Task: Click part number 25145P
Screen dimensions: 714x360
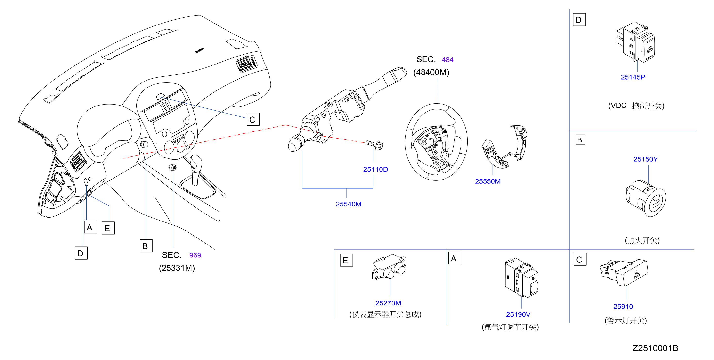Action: point(633,77)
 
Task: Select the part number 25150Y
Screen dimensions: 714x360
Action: point(645,159)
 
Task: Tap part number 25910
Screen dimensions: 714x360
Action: point(623,306)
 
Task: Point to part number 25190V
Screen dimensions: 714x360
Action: point(518,314)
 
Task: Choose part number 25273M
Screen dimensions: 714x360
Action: point(388,303)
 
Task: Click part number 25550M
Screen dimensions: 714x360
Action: point(487,181)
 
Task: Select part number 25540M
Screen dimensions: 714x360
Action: point(349,204)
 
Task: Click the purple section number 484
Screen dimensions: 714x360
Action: point(447,60)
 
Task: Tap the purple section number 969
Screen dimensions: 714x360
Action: point(195,255)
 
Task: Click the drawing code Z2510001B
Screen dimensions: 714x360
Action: point(655,348)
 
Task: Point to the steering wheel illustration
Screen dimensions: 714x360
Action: point(436,142)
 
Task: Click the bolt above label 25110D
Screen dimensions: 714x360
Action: point(374,145)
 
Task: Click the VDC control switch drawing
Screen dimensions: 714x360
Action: point(636,42)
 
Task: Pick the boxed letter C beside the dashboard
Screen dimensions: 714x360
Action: point(253,120)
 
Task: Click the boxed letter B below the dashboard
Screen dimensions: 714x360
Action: point(146,246)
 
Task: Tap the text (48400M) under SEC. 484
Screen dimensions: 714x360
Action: point(431,72)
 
